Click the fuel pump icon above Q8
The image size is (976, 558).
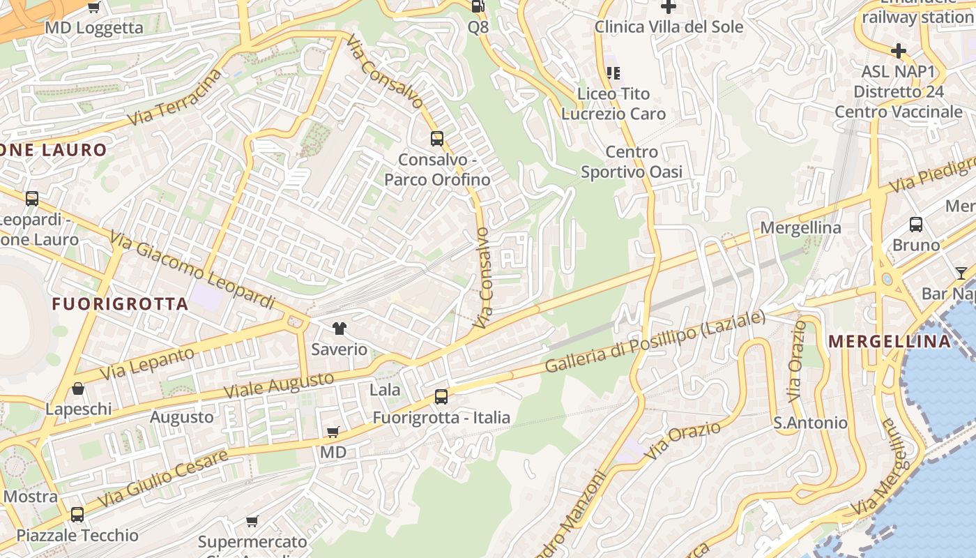click(x=478, y=6)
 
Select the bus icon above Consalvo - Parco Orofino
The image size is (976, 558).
click(x=437, y=138)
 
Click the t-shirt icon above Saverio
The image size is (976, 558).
click(x=339, y=329)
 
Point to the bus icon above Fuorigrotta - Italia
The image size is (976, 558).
click(x=441, y=397)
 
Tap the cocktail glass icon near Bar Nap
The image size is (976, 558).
click(x=961, y=273)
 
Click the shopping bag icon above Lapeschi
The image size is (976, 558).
click(x=78, y=389)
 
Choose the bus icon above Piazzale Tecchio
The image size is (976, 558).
click(x=77, y=515)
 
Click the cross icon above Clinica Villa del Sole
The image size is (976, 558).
click(x=669, y=7)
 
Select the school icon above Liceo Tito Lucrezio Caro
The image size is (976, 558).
click(x=613, y=73)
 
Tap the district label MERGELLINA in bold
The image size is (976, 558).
click(x=890, y=341)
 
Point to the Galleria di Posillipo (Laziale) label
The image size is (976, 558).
click(x=655, y=342)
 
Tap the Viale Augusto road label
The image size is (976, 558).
click(x=279, y=386)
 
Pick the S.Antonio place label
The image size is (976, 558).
click(x=810, y=423)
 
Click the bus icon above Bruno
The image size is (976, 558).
click(x=916, y=225)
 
